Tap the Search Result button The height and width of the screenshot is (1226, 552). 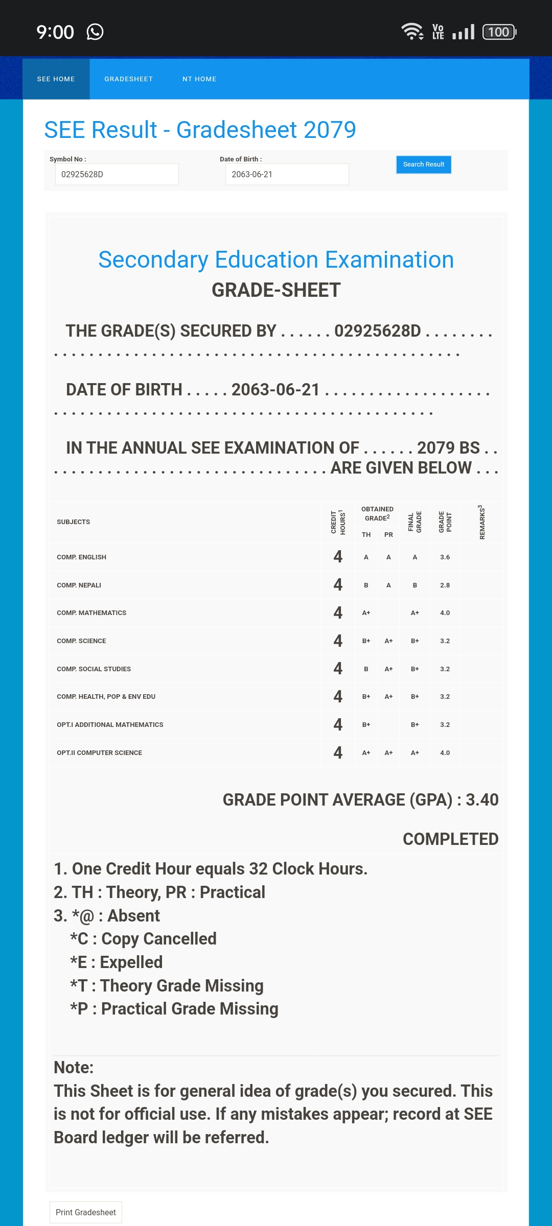(423, 164)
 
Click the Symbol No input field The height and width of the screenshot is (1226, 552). (117, 174)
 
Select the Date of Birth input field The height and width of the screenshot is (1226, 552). (287, 174)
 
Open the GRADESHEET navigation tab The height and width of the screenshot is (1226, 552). (128, 79)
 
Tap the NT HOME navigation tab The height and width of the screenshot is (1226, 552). (199, 79)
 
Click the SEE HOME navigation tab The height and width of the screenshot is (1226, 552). (56, 79)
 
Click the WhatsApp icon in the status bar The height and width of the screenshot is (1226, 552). (95, 32)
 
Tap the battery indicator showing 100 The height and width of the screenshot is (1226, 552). (499, 32)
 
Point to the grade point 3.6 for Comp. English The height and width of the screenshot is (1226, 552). (445, 557)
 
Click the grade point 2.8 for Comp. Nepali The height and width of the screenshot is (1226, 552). (445, 585)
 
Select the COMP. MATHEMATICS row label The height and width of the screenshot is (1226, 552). (91, 613)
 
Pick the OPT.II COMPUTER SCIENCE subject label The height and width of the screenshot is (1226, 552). (99, 753)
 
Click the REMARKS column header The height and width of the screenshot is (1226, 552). (481, 522)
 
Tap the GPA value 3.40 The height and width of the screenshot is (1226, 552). (482, 800)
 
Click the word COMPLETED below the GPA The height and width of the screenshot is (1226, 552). (450, 839)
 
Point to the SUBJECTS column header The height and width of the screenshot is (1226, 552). (73, 522)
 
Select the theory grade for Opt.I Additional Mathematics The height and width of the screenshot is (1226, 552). (366, 725)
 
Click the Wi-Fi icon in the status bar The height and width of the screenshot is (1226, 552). (412, 32)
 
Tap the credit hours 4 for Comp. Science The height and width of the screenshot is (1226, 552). (338, 641)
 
